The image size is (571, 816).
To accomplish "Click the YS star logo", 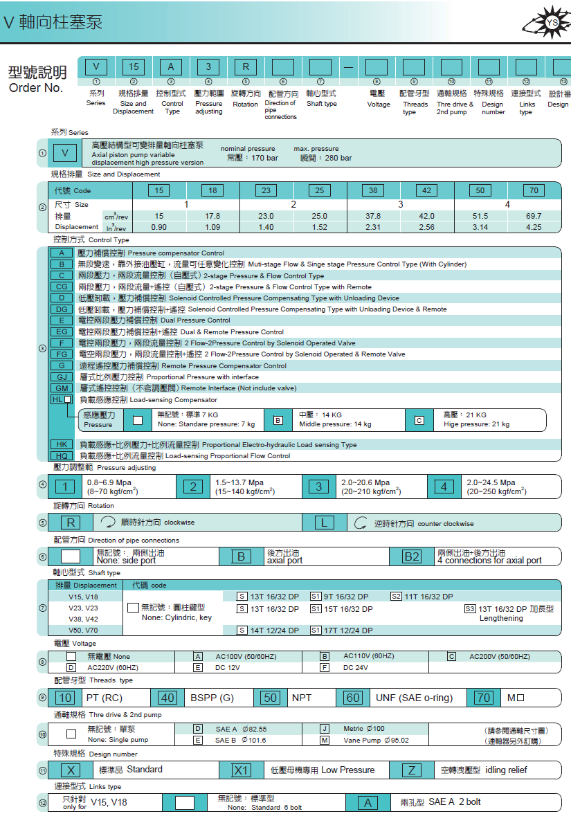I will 552,23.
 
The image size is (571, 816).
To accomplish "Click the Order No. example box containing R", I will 246,66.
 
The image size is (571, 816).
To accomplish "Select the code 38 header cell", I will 373,190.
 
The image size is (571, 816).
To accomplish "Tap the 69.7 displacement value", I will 534,216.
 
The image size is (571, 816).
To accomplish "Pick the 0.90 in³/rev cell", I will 159,227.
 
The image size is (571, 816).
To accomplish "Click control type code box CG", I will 62,287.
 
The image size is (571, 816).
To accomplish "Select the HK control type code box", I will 62,444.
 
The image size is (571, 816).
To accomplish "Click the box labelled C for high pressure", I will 419,420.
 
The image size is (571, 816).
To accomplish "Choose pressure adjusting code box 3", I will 318,487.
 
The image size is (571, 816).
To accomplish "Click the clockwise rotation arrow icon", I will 107,523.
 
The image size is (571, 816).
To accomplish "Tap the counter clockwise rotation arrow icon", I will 360,523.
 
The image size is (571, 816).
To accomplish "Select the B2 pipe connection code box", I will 412,556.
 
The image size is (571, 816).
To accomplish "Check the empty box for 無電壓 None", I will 71,656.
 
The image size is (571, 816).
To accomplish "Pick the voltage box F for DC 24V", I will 325,667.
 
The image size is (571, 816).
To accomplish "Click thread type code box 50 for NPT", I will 272,698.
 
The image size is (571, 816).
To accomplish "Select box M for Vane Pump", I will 325,740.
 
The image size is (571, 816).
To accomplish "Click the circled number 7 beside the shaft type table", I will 43,608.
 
